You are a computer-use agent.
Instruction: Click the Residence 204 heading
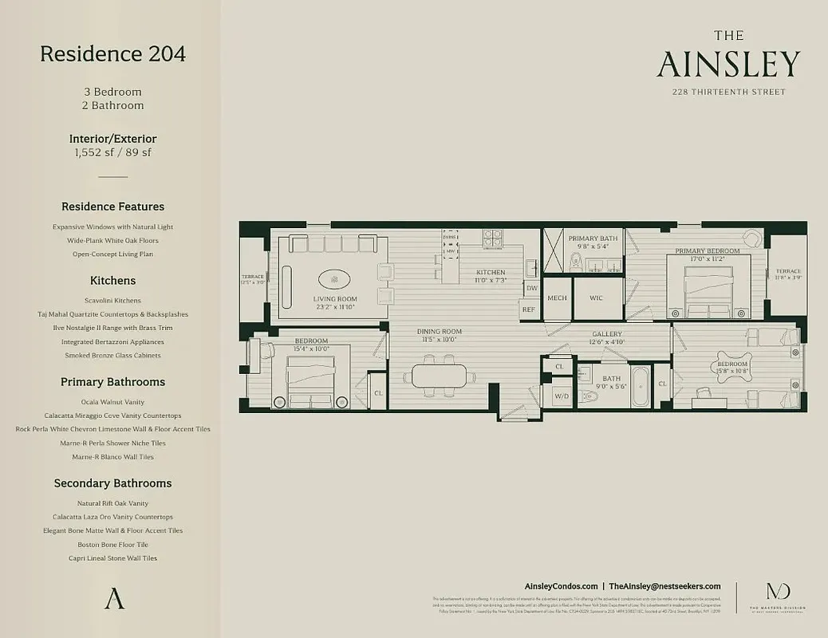[112, 54]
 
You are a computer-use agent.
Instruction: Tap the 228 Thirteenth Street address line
[728, 92]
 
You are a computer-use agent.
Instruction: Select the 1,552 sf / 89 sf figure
[112, 152]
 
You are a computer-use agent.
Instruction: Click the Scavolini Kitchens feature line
[112, 301]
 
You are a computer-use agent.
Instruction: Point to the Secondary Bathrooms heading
[112, 483]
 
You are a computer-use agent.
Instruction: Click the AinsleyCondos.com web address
[561, 586]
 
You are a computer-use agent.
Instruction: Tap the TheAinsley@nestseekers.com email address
[664, 586]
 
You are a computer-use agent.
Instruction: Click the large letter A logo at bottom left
[114, 599]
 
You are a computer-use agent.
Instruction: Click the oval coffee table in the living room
[333, 279]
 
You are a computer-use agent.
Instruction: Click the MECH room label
[556, 298]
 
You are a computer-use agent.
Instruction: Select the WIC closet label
[596, 298]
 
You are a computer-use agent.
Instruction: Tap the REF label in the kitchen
[529, 309]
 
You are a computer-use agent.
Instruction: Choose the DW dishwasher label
[531, 288]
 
